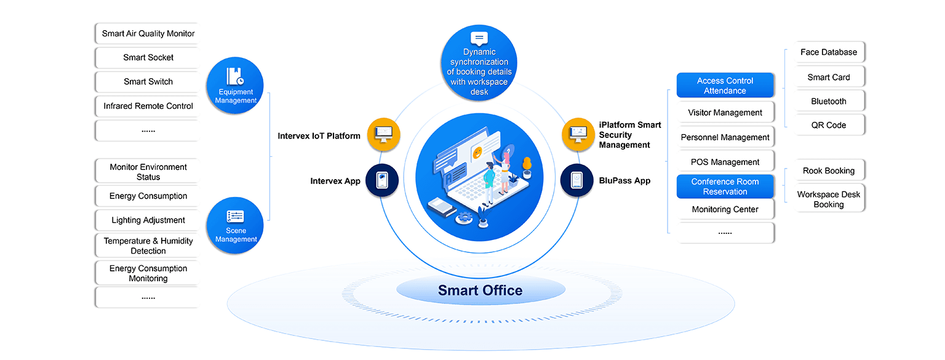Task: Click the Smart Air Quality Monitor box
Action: click(x=148, y=34)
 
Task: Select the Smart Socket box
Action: click(x=148, y=58)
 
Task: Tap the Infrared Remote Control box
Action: click(x=148, y=106)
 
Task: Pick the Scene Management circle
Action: click(x=236, y=225)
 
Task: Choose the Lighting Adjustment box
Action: click(x=148, y=220)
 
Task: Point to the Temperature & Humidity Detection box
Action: click(x=148, y=246)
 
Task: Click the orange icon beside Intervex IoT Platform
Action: click(x=384, y=134)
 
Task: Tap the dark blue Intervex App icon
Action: click(x=382, y=180)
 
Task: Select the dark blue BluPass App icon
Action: click(x=576, y=180)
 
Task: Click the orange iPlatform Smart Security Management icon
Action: click(x=578, y=134)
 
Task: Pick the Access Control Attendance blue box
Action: click(x=725, y=86)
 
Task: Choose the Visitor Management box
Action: click(x=725, y=113)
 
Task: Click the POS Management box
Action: click(x=725, y=162)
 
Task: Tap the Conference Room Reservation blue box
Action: click(x=725, y=186)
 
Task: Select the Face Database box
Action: click(x=828, y=52)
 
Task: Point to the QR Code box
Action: click(x=828, y=125)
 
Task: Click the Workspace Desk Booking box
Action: click(x=828, y=199)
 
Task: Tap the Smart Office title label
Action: click(x=480, y=290)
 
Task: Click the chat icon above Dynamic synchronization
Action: click(x=479, y=38)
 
